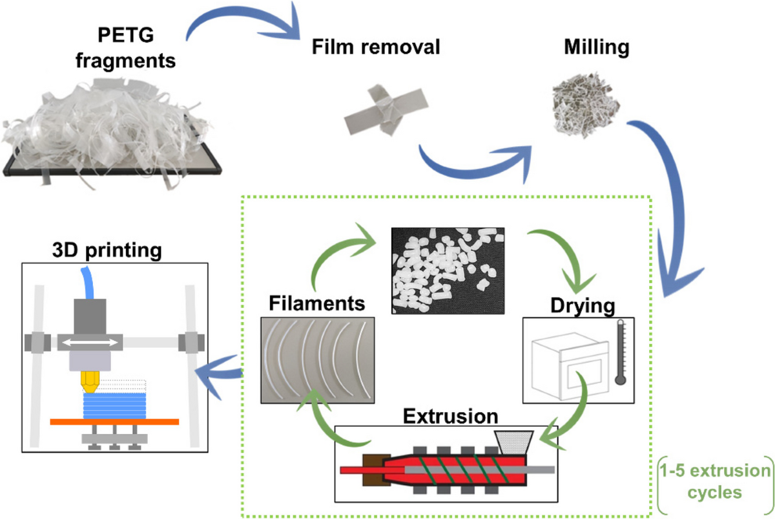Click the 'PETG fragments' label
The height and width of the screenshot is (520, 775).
pyautogui.click(x=125, y=47)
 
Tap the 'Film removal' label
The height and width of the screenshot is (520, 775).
pyautogui.click(x=376, y=47)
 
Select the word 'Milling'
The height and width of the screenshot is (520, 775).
pyautogui.click(x=597, y=47)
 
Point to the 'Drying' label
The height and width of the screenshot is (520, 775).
pyautogui.click(x=583, y=305)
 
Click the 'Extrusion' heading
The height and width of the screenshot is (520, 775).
pyautogui.click(x=451, y=416)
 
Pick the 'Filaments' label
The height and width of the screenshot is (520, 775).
pyautogui.click(x=317, y=303)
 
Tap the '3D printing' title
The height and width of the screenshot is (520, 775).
pyautogui.click(x=107, y=250)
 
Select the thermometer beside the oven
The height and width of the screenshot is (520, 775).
pyautogui.click(x=621, y=352)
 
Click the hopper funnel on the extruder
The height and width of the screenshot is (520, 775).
pyautogui.click(x=514, y=442)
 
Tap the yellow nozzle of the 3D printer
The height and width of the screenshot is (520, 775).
pyautogui.click(x=90, y=382)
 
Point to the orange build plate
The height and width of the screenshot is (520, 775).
pyautogui.click(x=114, y=422)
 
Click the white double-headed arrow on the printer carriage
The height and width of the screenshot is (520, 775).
pyautogui.click(x=90, y=343)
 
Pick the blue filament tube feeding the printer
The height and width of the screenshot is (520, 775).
pyautogui.click(x=87, y=283)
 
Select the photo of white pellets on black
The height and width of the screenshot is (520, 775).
pyautogui.click(x=448, y=271)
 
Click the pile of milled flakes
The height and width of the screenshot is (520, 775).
pyautogui.click(x=585, y=105)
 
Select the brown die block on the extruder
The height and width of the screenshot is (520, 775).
pyautogui.click(x=377, y=470)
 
